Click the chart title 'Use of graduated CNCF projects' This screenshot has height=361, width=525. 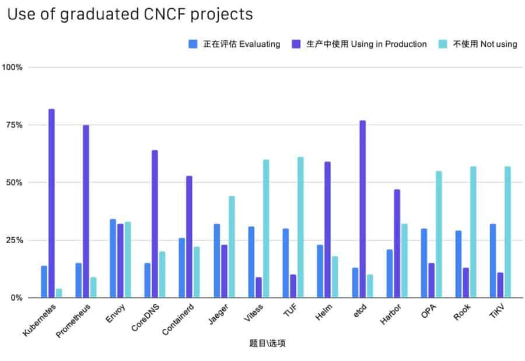coord(129,15)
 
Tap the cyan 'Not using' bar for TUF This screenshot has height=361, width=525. coord(300,227)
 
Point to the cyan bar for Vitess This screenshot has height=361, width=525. coord(266,228)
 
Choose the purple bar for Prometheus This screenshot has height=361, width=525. coord(86,211)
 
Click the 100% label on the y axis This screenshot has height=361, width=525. coord(12,67)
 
